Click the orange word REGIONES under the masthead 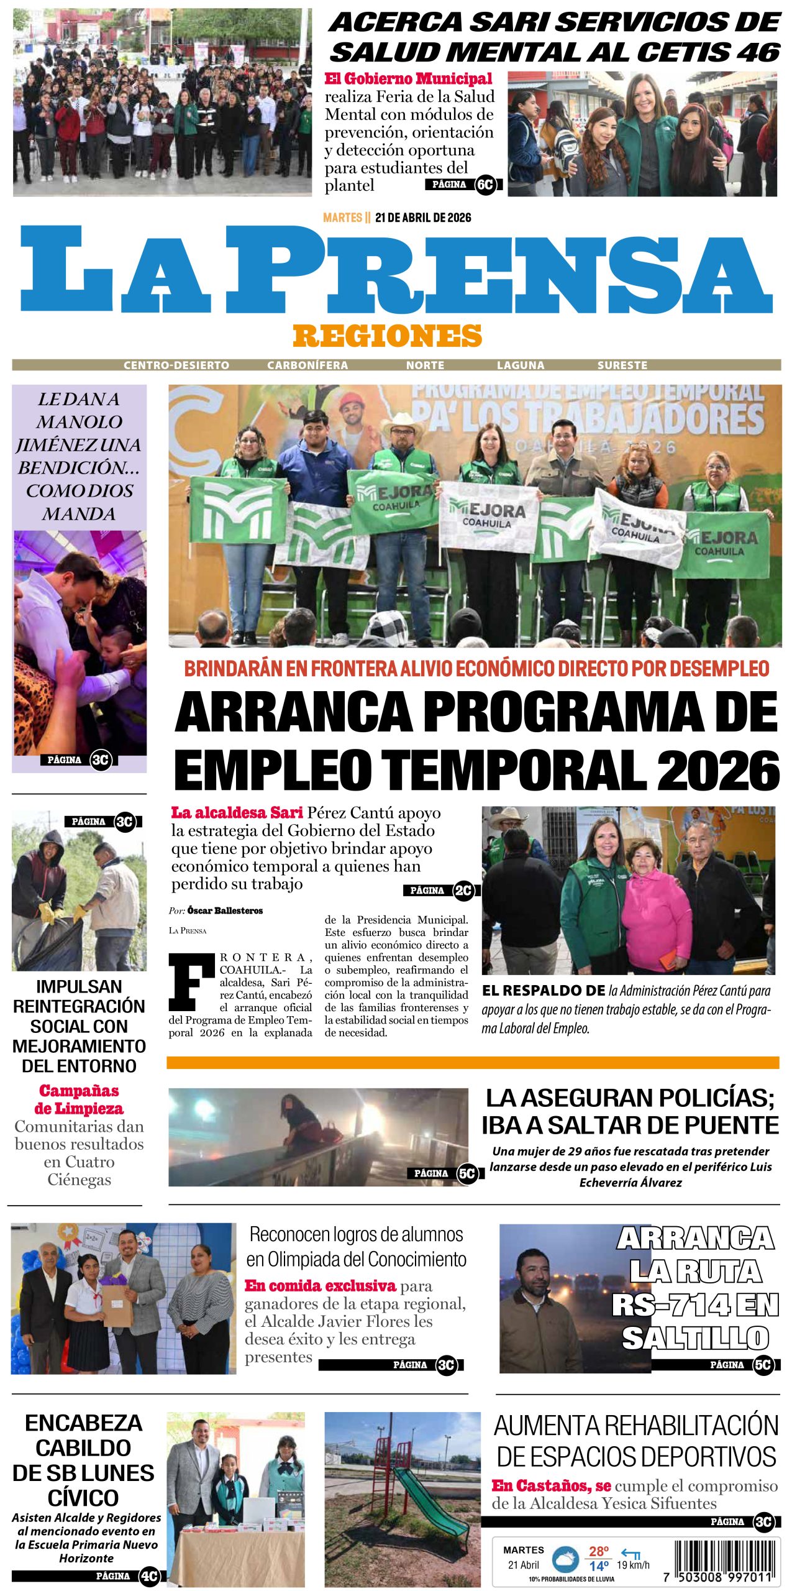[x=387, y=336]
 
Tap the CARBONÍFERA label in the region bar [x=307, y=365]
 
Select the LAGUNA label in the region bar [x=521, y=365]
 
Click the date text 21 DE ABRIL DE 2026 [x=423, y=218]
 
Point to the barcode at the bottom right [x=726, y=1560]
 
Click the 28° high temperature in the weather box [x=599, y=1551]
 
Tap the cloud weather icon [x=565, y=1559]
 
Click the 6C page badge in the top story [x=485, y=185]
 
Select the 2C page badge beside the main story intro [x=463, y=891]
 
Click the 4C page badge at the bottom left [x=149, y=1577]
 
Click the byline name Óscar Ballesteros [x=225, y=910]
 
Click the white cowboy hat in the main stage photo [x=402, y=426]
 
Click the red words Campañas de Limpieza [x=79, y=1099]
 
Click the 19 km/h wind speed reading [x=633, y=1565]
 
